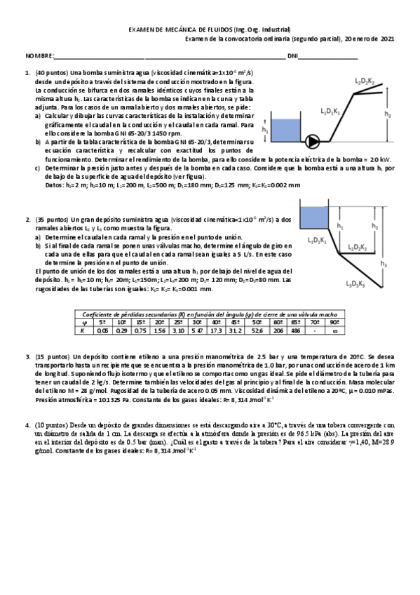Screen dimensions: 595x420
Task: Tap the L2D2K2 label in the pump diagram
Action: (x=365, y=81)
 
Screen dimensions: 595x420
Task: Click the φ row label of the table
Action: (x=83, y=321)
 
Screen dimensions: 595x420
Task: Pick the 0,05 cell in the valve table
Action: (x=103, y=329)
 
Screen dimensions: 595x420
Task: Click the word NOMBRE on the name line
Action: (x=40, y=55)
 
